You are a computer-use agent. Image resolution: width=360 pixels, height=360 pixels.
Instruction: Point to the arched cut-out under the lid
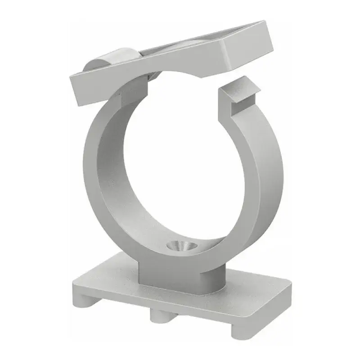(180, 67)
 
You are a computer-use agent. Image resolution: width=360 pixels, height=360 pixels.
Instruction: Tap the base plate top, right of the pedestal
(252, 297)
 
